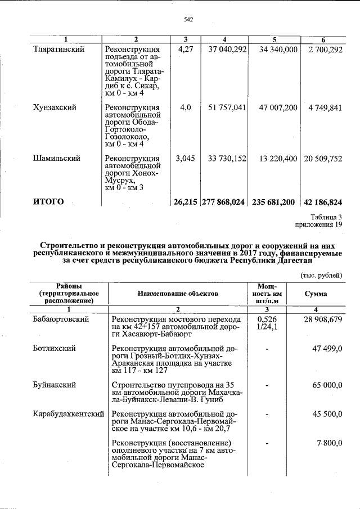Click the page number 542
pyautogui.click(x=188, y=20)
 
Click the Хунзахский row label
pyautogui.click(x=55, y=107)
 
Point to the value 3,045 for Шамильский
pyautogui.click(x=185, y=159)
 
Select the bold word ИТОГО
pyautogui.click(x=49, y=201)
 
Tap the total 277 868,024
pyautogui.click(x=223, y=201)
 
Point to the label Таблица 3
pyautogui.click(x=326, y=217)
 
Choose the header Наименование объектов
pyautogui.click(x=178, y=294)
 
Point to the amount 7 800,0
pyautogui.click(x=330, y=444)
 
